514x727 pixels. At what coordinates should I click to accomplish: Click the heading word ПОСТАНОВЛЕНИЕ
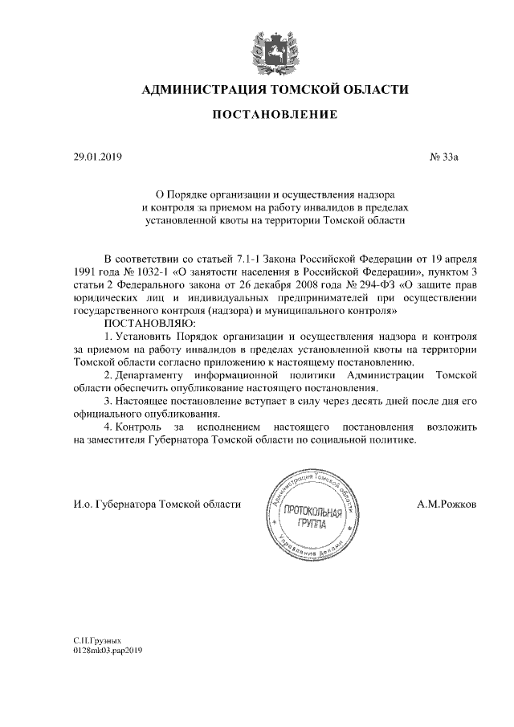[x=274, y=116]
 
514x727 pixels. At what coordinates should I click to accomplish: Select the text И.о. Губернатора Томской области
[x=156, y=504]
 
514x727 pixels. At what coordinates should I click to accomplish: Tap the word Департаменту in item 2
[x=151, y=374]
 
